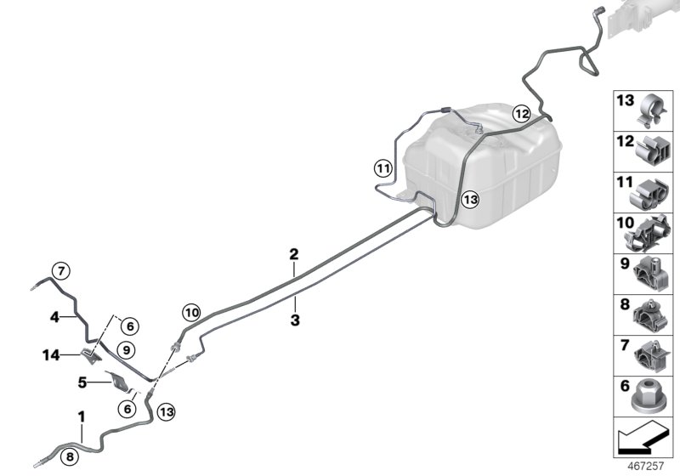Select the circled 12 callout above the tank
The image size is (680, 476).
pos(520,112)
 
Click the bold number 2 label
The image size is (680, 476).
pos(294,254)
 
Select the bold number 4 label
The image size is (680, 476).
pos(54,317)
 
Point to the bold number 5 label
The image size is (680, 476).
pos(83,382)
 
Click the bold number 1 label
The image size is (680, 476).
pos(82,417)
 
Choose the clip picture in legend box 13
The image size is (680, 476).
pos(651,108)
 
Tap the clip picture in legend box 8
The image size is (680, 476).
pos(651,314)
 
